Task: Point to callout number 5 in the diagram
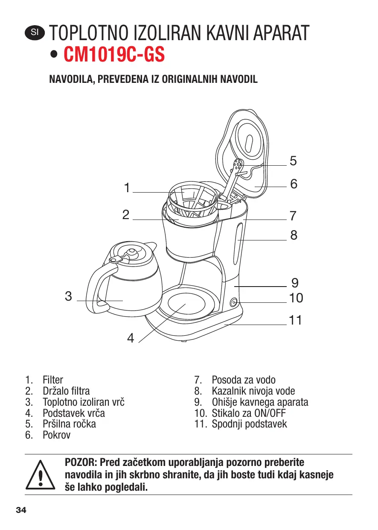(293, 161)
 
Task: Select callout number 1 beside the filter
(126, 187)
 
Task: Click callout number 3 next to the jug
(68, 296)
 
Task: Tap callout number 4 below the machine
(131, 338)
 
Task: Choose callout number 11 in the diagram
(295, 320)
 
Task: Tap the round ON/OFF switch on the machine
(234, 303)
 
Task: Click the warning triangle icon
(40, 474)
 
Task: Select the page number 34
(21, 510)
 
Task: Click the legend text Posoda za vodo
(244, 380)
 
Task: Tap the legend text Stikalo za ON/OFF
(249, 413)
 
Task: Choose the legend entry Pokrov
(56, 435)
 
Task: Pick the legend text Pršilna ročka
(69, 424)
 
